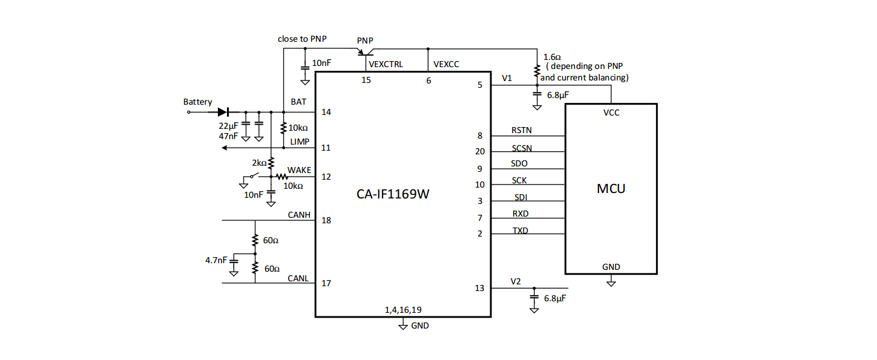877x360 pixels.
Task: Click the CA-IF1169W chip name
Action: (393, 194)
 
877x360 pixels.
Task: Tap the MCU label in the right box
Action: (611, 189)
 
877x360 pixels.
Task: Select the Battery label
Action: (198, 102)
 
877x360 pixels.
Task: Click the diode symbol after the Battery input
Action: (223, 113)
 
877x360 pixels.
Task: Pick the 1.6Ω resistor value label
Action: (552, 57)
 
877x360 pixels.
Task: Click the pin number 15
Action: (366, 80)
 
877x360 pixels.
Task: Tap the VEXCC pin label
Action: (446, 64)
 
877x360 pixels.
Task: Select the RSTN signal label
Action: (522, 130)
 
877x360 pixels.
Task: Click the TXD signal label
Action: (521, 231)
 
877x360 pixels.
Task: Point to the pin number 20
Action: (480, 151)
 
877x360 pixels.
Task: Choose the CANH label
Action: (299, 215)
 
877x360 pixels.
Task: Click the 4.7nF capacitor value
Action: (216, 260)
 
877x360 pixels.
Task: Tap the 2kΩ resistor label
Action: (259, 163)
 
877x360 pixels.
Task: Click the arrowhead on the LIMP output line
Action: (225, 148)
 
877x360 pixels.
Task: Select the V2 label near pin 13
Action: (516, 282)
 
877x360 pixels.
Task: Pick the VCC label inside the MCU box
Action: (611, 113)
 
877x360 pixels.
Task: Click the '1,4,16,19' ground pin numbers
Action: (403, 310)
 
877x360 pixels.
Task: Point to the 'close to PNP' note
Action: (302, 39)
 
